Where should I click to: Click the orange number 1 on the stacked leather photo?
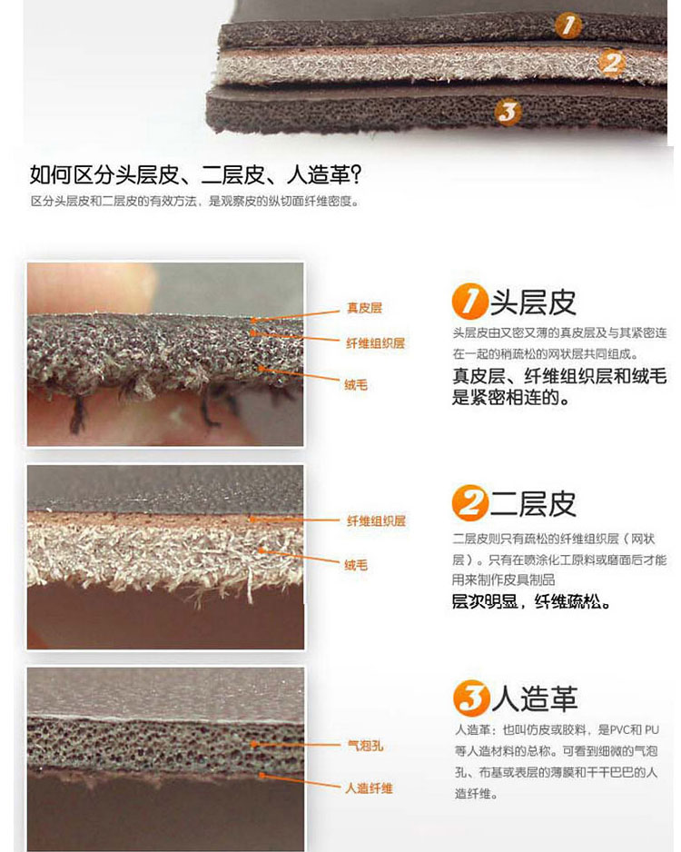point(568,25)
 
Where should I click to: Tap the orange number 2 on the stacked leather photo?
point(612,63)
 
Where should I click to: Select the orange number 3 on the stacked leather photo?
point(508,113)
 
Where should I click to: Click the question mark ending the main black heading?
point(355,174)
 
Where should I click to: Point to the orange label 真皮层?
point(364,308)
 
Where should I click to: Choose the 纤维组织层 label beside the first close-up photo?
point(375,342)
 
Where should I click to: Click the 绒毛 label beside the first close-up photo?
point(356,385)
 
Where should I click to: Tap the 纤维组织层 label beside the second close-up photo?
point(376,520)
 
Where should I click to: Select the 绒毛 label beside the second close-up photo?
point(356,565)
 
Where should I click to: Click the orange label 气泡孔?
point(366,746)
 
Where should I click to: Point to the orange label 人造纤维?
point(369,788)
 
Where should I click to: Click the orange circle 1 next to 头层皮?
point(469,301)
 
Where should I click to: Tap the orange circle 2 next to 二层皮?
point(469,502)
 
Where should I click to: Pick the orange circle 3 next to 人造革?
point(471,698)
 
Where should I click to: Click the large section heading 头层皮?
point(533,302)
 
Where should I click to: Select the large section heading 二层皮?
point(533,504)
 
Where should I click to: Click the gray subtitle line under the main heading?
point(195,201)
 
